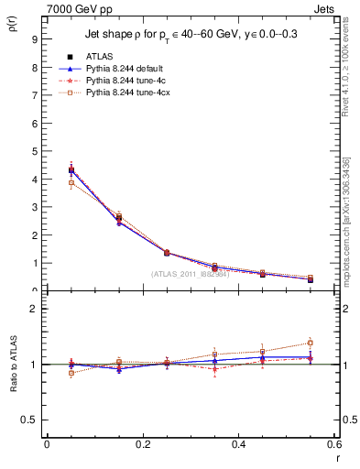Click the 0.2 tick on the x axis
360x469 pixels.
click(143, 444)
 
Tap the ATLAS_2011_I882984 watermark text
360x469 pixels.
click(190, 274)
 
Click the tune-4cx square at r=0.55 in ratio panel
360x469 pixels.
click(311, 343)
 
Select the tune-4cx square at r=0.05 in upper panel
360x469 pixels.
click(71, 183)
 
